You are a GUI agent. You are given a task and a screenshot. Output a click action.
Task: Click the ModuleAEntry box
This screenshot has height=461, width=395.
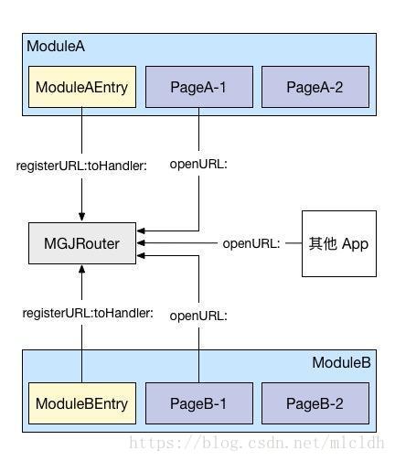pyautogui.click(x=82, y=87)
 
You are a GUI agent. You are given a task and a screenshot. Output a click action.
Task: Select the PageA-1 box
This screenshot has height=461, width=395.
pyautogui.click(x=199, y=87)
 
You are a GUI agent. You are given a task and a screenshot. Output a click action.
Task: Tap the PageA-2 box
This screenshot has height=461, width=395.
pyautogui.click(x=315, y=87)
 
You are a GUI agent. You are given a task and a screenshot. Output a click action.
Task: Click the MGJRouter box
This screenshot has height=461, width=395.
pyautogui.click(x=82, y=243)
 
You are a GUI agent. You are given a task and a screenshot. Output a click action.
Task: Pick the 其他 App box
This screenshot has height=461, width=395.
pyautogui.click(x=339, y=243)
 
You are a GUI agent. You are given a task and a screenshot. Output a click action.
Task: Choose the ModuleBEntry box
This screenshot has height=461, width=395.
pyautogui.click(x=82, y=403)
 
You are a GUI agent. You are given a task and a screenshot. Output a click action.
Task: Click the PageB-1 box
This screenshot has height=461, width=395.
pyautogui.click(x=199, y=403)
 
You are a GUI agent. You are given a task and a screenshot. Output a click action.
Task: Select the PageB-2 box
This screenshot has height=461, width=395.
pyautogui.click(x=315, y=403)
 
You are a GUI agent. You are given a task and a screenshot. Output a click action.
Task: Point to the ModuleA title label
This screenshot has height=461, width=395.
pyautogui.click(x=56, y=47)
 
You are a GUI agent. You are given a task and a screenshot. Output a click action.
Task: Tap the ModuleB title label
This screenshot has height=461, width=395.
pyautogui.click(x=341, y=362)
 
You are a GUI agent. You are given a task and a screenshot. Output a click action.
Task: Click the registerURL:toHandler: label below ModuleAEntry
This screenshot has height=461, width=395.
pyautogui.click(x=81, y=166)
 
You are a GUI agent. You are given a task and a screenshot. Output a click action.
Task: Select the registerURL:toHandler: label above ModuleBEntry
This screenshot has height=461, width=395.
pyautogui.click(x=88, y=313)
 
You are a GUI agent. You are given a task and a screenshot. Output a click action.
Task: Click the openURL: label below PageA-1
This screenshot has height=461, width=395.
pyautogui.click(x=198, y=164)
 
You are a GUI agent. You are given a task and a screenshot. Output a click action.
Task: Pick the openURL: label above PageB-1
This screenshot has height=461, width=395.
pyautogui.click(x=198, y=316)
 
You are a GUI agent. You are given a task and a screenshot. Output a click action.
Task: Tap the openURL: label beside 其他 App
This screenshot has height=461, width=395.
pyautogui.click(x=251, y=243)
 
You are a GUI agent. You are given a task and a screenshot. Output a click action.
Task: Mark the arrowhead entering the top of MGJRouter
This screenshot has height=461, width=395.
pyautogui.click(x=81, y=217)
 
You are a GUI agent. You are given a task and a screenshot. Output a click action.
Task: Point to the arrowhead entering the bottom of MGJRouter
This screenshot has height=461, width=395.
pyautogui.click(x=81, y=270)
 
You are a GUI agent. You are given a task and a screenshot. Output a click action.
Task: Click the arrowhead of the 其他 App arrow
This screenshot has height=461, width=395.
pyautogui.click(x=141, y=243)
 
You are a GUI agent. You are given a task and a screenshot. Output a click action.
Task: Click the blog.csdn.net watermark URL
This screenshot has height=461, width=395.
pyautogui.click(x=256, y=443)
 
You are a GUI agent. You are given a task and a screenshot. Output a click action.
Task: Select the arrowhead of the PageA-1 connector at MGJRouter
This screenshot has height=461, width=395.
pyautogui.click(x=141, y=230)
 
